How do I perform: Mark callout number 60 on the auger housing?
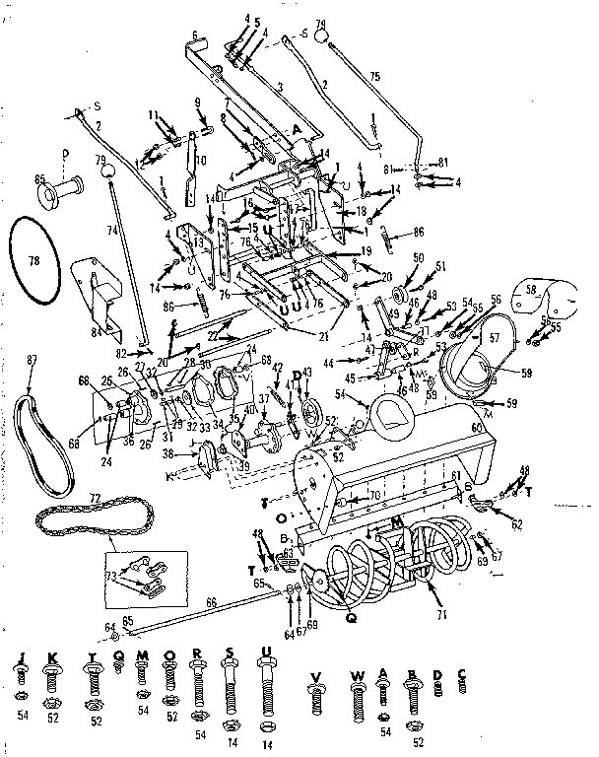point(478,427)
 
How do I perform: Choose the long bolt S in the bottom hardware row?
point(230,684)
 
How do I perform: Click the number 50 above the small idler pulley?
point(418,257)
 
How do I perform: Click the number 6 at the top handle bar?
point(194,35)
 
